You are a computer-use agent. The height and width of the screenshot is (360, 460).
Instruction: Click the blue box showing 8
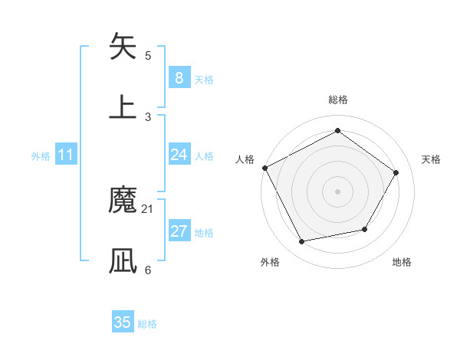tap(179, 78)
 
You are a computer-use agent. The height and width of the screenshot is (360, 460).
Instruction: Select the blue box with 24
tap(179, 155)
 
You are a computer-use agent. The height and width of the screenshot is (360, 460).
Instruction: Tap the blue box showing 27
tap(179, 232)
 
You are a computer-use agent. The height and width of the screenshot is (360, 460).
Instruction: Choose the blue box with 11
tap(66, 155)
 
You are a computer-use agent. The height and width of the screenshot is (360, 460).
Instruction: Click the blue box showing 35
tap(123, 322)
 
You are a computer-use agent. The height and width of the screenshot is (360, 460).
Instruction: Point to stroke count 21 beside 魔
tap(148, 208)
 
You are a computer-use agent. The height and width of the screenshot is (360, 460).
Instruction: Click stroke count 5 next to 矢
tap(148, 55)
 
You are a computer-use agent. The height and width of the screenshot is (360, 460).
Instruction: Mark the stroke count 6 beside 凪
tap(148, 270)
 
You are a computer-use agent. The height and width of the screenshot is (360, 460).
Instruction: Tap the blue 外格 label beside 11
tap(41, 156)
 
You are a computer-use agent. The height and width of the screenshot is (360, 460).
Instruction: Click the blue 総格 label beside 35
tap(147, 324)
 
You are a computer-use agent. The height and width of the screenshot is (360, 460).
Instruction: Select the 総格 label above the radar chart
tap(337, 100)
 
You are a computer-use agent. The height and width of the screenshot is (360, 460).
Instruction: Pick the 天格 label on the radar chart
tap(431, 160)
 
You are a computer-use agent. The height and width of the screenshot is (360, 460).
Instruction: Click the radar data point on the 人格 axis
tap(265, 168)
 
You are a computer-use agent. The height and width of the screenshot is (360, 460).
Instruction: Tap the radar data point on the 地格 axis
tap(365, 229)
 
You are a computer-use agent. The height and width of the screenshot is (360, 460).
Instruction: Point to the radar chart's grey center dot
tap(337, 191)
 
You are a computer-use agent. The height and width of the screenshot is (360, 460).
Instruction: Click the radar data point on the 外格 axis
tap(302, 242)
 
